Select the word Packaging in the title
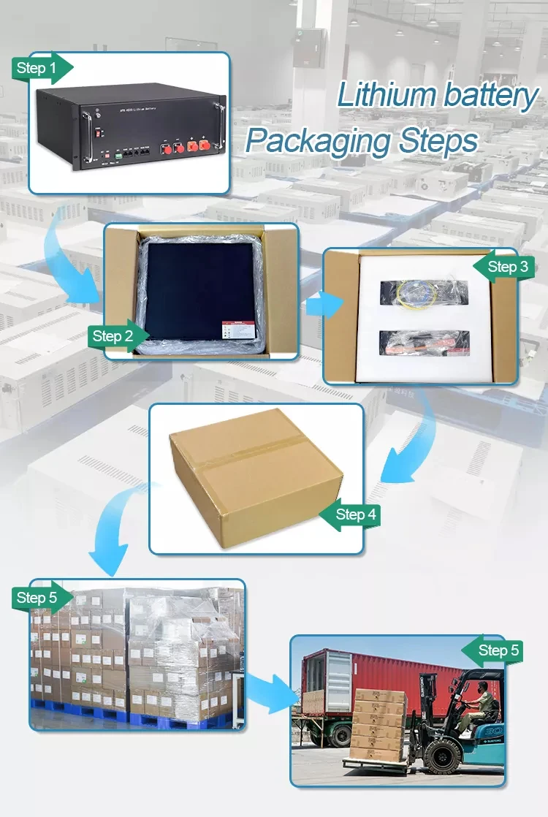[x=317, y=140]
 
